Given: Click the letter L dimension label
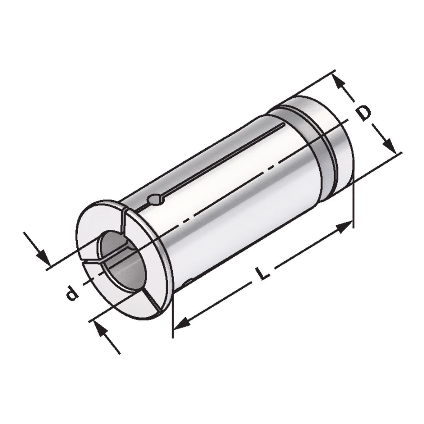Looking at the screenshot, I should click(261, 273).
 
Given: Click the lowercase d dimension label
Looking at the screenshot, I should click(72, 293).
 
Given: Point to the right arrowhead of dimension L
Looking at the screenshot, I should click(344, 226).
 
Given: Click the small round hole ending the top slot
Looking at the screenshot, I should click(155, 200).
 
